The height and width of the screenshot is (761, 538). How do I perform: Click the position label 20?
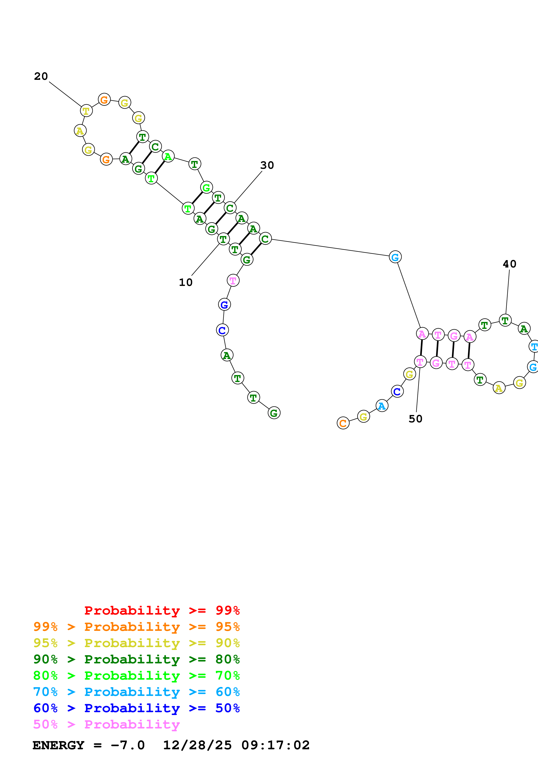click(41, 77)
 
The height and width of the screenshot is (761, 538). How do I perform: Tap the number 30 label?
click(267, 165)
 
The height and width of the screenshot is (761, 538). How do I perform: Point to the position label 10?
click(186, 282)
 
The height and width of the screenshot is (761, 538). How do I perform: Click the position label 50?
click(415, 419)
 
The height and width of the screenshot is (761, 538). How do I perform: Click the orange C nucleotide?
click(343, 423)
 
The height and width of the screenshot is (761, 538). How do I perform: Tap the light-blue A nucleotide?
click(382, 406)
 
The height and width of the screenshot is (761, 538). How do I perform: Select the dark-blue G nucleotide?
click(224, 305)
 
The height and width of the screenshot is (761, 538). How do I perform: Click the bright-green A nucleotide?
click(168, 156)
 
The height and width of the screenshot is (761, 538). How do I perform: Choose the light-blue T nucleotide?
click(534, 347)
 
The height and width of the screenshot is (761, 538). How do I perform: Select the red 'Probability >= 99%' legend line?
click(162, 610)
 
